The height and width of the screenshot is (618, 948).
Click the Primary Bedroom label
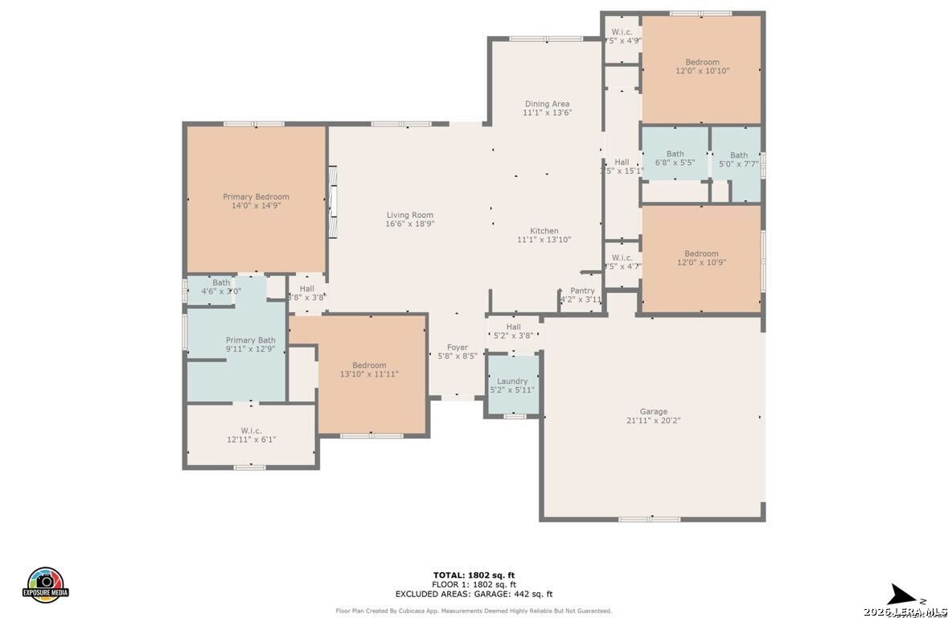pos(256,197)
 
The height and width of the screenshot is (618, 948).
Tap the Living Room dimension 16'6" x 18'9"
pos(409,225)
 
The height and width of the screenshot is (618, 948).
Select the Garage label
pos(653,411)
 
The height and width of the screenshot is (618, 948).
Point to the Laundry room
pos(512,385)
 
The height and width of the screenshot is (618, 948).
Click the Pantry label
pos(582,290)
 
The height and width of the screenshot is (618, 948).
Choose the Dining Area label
pos(547,104)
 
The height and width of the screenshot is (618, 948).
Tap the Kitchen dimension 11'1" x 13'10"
pos(544,240)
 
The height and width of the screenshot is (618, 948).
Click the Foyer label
pos(457,347)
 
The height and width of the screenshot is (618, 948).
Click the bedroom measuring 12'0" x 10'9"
pos(702,258)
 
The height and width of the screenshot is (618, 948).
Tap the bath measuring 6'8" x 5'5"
pos(675,158)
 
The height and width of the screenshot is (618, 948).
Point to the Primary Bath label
pos(250,340)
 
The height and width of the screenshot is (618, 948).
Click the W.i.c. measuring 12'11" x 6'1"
pos(252,435)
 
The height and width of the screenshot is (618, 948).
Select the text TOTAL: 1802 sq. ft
pos(474,575)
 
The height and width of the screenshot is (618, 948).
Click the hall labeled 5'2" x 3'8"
pos(513,332)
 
